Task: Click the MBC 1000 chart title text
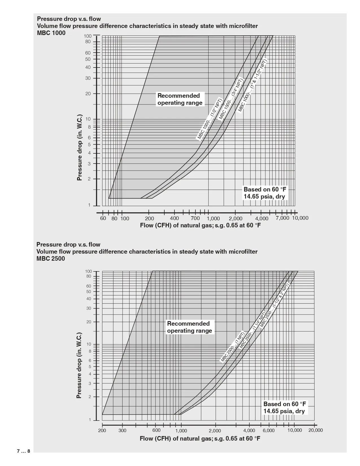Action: tap(51, 33)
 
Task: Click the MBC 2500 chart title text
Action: tap(51, 259)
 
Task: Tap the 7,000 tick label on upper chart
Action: tap(282, 218)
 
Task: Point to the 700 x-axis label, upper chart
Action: tap(195, 218)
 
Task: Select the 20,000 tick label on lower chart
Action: tap(315, 430)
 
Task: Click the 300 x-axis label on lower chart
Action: tap(122, 430)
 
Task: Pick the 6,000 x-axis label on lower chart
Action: tap(269, 430)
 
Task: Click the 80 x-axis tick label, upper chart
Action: tap(114, 218)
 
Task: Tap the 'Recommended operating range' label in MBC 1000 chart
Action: tap(180, 99)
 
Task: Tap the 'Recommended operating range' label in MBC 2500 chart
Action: tap(189, 327)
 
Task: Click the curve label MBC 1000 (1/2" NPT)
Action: tap(210, 119)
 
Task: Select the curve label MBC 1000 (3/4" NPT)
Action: tap(231, 99)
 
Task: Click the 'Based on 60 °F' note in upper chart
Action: tap(265, 190)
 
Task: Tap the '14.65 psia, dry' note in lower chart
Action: tap(284, 411)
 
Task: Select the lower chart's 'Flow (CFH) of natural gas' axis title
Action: tap(200, 438)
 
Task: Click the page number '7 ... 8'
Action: tap(23, 451)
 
